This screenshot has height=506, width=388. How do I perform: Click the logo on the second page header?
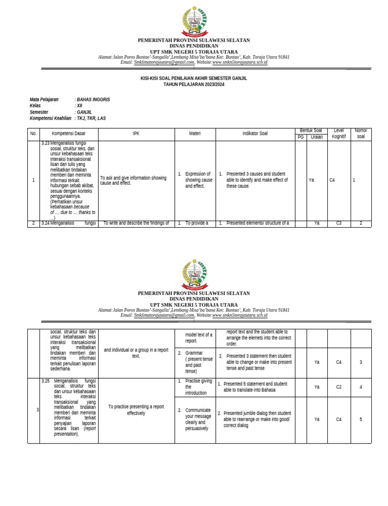coord(193,274)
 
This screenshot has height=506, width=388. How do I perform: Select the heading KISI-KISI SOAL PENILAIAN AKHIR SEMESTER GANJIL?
coord(193,78)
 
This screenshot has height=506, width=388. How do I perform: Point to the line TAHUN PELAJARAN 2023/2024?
coord(193,84)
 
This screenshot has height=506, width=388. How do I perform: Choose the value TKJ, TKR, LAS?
coord(91,118)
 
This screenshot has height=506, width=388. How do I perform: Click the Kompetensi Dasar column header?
coord(69,134)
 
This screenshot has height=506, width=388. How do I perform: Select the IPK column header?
coord(135,134)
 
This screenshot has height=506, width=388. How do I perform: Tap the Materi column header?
coord(195,134)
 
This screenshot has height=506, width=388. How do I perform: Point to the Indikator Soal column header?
coord(255,134)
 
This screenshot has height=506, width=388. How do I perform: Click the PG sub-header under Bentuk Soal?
coord(301,137)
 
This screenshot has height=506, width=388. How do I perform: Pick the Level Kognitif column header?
coord(339,134)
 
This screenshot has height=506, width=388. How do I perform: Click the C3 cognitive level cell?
coord(339,223)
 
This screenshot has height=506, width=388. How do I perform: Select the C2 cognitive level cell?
coord(339,387)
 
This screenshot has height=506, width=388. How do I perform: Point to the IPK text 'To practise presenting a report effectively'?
coord(135,410)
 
